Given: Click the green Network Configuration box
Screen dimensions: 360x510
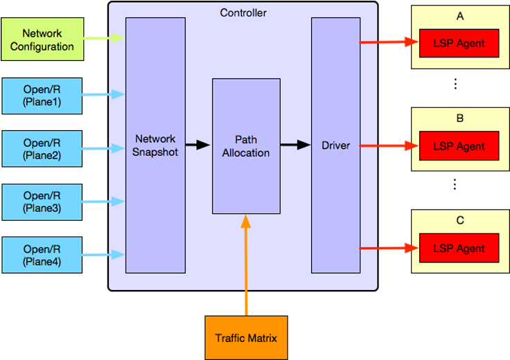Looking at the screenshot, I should point(42,40).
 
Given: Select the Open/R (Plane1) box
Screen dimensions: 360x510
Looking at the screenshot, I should point(42,95).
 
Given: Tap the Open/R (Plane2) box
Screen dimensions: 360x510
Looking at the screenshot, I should point(42,148).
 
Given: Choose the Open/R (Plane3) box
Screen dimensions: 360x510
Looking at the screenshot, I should point(42,201).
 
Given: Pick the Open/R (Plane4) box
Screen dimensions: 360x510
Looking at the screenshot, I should point(42,254).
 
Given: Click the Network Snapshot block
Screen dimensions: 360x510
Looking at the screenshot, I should point(155,145).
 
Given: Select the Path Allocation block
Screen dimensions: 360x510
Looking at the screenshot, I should point(246,146).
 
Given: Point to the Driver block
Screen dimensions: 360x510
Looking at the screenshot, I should point(335,145).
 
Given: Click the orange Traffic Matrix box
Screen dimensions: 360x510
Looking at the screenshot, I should point(246,338).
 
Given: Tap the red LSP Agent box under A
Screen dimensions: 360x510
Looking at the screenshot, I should point(459,44).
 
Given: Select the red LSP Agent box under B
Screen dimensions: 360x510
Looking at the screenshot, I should point(459,146).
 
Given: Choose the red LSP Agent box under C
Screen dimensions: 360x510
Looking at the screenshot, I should point(459,248).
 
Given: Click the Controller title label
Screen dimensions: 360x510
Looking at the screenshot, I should point(243,12).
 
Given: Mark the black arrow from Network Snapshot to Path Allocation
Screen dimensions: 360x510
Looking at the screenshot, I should point(198,145).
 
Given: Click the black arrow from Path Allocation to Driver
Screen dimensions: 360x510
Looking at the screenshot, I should point(295,145).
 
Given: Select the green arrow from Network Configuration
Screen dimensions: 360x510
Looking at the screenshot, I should point(104,38).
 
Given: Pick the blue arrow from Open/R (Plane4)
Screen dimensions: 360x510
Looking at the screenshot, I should point(104,254).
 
